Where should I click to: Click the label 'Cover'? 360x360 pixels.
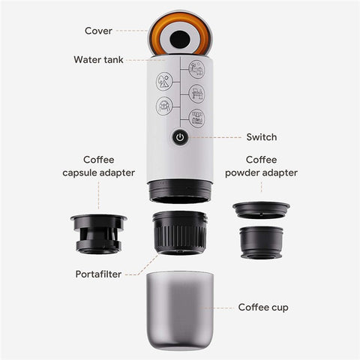(98, 31)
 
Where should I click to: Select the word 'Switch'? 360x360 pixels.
(262, 137)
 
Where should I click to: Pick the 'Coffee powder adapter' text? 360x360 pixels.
(261, 166)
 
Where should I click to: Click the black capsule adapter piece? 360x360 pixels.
(98, 232)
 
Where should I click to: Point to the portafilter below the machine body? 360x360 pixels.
(180, 233)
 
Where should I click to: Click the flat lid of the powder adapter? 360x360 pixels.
(261, 208)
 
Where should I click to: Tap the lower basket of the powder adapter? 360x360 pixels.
(261, 241)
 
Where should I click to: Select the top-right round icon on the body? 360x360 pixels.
(196, 70)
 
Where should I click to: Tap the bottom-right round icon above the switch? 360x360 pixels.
(196, 118)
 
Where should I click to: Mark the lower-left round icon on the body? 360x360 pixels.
(165, 106)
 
